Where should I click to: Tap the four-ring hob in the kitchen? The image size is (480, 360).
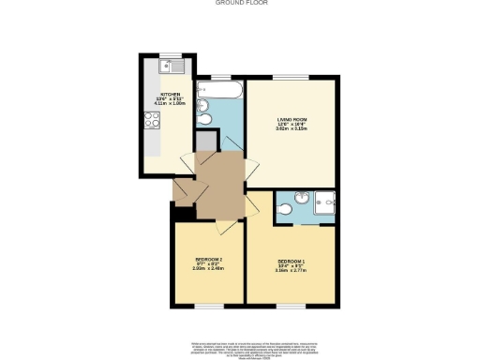tap(151, 120)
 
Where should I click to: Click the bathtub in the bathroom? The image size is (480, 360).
tap(221, 91)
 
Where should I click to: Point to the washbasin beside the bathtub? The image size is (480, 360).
tap(202, 104)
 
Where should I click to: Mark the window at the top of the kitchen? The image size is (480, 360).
tap(171, 53)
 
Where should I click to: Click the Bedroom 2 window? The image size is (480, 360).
tap(208, 306)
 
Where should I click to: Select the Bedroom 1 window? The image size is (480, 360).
tap(291, 306)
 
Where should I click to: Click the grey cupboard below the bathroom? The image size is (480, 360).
tap(204, 141)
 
